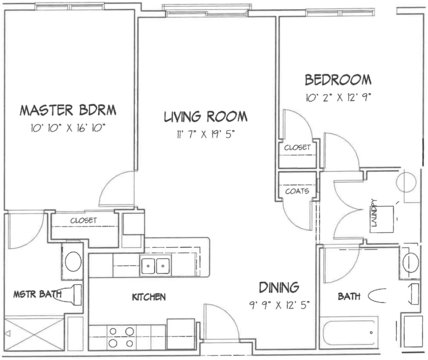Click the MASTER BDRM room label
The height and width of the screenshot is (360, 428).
click(x=68, y=110)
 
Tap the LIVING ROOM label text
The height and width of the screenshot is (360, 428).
click(x=206, y=116)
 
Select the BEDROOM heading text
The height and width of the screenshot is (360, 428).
click(x=338, y=80)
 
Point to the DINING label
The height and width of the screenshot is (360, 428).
click(x=279, y=287)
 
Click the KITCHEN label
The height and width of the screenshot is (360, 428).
click(x=149, y=297)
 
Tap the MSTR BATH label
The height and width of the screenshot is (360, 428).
click(x=37, y=294)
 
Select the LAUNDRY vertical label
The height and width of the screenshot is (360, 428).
click(x=375, y=213)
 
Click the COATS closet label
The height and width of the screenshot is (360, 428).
click(x=297, y=191)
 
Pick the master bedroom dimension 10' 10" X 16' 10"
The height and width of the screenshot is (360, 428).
click(x=68, y=128)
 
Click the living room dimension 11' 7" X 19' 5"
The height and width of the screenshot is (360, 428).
click(x=206, y=134)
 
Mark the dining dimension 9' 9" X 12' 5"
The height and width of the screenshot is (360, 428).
click(x=280, y=305)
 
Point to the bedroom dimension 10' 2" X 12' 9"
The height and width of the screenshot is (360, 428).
click(x=338, y=97)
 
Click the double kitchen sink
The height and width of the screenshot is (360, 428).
click(x=155, y=266)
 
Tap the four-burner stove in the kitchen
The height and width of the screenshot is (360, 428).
click(x=122, y=337)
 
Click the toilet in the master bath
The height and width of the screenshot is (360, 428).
click(x=71, y=295)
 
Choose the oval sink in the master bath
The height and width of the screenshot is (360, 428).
click(x=73, y=261)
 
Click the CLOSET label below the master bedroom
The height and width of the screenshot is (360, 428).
click(x=83, y=221)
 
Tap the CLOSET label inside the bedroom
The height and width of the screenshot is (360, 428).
click(x=297, y=147)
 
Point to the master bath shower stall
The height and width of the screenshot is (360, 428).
click(x=34, y=333)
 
